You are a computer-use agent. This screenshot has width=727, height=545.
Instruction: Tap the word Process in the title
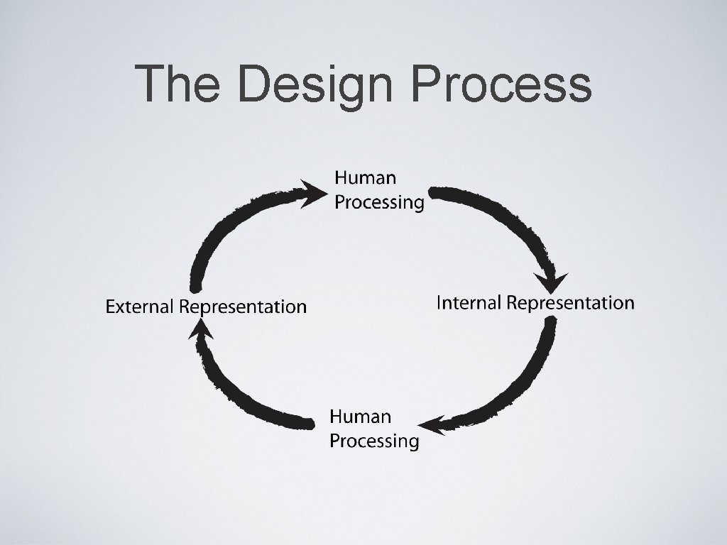501,84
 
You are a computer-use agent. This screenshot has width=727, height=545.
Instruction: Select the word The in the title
180,84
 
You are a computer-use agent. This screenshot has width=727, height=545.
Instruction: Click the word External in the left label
139,307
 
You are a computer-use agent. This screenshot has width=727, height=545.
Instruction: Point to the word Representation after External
243,307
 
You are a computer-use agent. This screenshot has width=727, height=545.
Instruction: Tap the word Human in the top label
365,177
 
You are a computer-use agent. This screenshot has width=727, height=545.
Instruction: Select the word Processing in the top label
379,203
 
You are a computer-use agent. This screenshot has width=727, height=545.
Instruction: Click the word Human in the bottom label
360,416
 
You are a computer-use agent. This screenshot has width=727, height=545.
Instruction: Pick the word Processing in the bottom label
374,441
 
